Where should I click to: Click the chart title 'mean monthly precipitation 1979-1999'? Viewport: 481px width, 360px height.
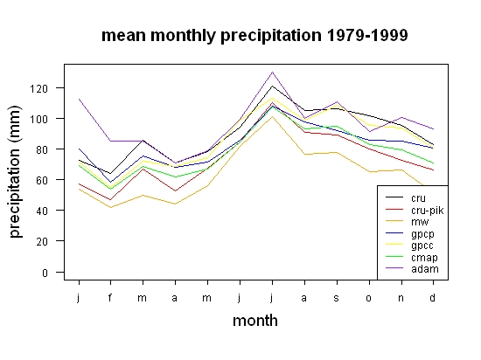pyautogui.click(x=254, y=36)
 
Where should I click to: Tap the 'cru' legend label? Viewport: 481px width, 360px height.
pyautogui.click(x=418, y=198)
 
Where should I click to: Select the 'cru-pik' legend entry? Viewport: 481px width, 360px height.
pyautogui.click(x=428, y=211)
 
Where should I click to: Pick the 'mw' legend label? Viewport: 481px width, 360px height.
pyautogui.click(x=420, y=222)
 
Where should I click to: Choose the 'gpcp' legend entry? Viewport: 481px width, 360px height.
pyautogui.click(x=422, y=234)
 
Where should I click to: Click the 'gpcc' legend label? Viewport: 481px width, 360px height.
pyautogui.click(x=422, y=246)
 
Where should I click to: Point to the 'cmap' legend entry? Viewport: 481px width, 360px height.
pyautogui.click(x=424, y=258)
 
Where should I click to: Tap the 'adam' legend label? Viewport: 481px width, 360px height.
pyautogui.click(x=425, y=269)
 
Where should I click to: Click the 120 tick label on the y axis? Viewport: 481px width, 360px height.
pyautogui.click(x=39, y=89)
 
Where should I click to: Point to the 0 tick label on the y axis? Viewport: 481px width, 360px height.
pyautogui.click(x=45, y=273)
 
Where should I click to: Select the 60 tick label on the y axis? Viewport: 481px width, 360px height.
pyautogui.click(x=42, y=180)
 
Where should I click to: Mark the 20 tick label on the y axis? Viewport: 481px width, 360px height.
pyautogui.click(x=42, y=241)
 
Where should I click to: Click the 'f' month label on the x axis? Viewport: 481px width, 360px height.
pyautogui.click(x=110, y=297)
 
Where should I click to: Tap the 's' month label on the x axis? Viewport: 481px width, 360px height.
pyautogui.click(x=337, y=298)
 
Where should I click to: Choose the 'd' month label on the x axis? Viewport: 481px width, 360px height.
pyautogui.click(x=432, y=297)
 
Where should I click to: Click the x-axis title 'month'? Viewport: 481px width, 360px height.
pyautogui.click(x=255, y=321)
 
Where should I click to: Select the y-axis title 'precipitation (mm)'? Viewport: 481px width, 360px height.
pyautogui.click(x=16, y=171)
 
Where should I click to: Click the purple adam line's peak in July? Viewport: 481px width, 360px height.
pyautogui.click(x=272, y=72)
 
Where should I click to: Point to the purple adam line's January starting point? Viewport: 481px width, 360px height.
pyautogui.click(x=79, y=99)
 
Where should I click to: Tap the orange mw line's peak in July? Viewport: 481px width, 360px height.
pyautogui.click(x=272, y=116)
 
